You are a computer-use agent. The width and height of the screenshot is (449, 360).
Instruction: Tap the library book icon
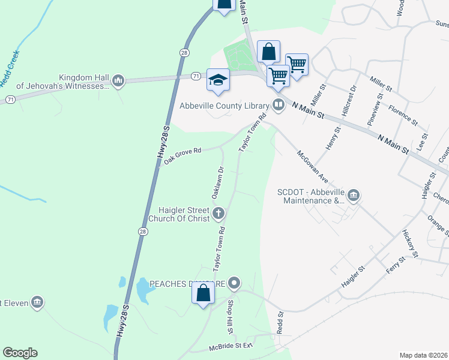[278, 106]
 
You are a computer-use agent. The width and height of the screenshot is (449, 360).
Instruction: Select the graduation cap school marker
[218, 80]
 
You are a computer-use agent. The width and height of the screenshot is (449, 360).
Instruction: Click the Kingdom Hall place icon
[118, 81]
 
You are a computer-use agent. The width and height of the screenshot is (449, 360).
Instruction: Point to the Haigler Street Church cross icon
[218, 212]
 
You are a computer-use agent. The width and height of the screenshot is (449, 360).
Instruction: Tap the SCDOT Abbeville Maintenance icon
[354, 195]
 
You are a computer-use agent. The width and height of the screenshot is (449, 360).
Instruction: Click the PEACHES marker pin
[234, 283]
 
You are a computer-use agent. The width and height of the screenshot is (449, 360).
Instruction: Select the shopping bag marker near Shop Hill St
[203, 293]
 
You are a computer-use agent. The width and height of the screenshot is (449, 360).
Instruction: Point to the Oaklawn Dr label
[217, 183]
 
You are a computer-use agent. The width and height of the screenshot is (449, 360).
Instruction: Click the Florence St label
[403, 114]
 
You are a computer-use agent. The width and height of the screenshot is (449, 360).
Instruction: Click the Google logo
[20, 353]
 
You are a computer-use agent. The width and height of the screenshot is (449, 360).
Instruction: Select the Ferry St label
[393, 264]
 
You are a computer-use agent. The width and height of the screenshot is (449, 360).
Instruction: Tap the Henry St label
[333, 139]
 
